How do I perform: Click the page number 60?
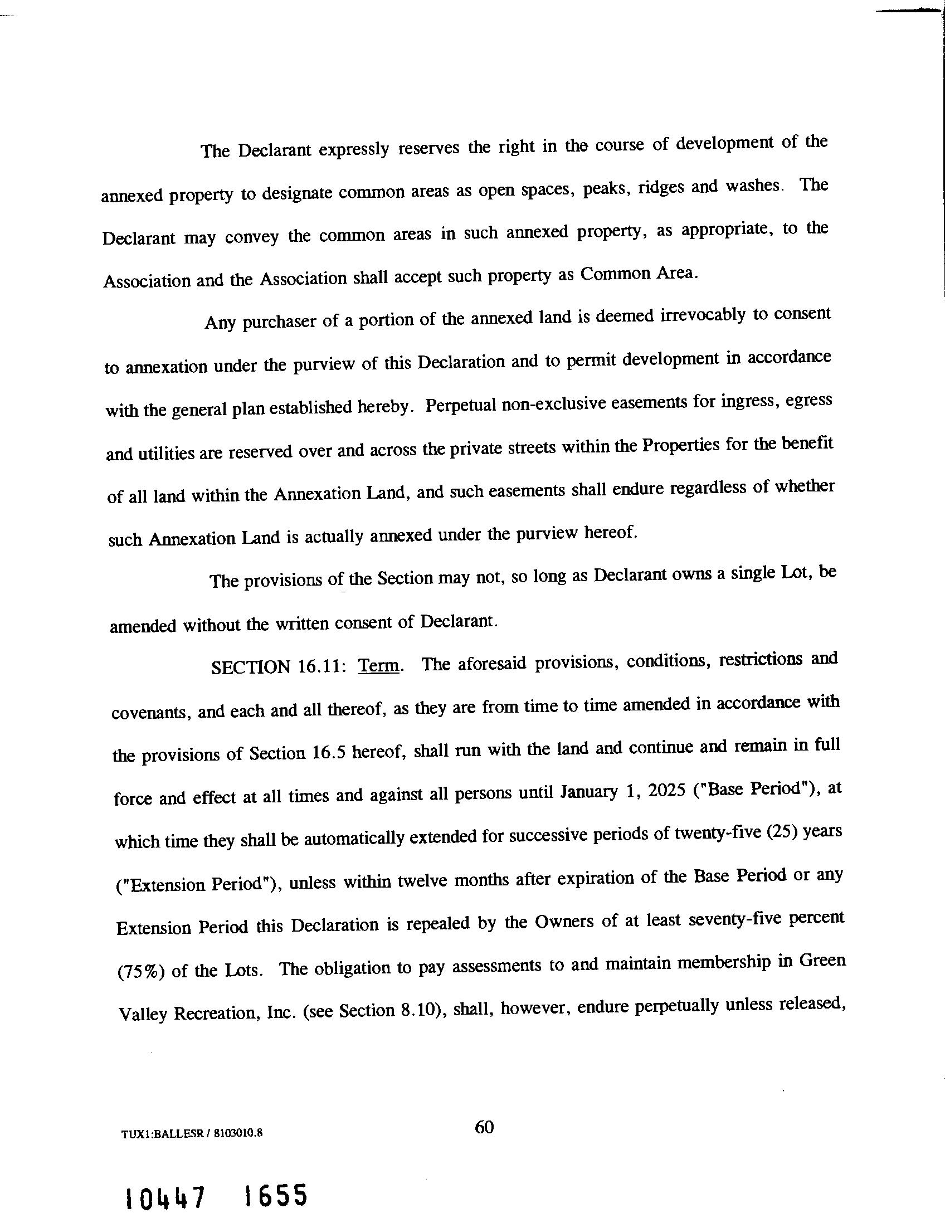pos(484,1127)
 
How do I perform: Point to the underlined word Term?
pos(379,665)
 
